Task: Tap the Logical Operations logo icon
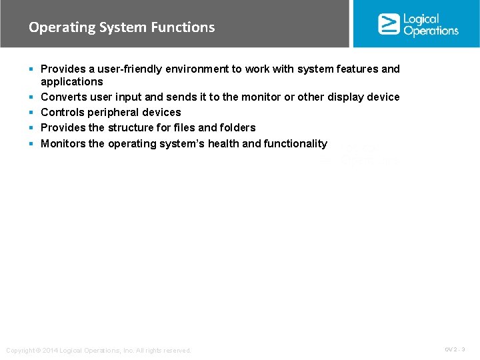389,24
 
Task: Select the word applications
72,81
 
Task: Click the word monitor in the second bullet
261,97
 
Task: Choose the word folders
238,127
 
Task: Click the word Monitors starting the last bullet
63,143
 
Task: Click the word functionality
295,143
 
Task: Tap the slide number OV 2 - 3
455,349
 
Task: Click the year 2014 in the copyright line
50,351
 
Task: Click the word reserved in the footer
177,351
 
